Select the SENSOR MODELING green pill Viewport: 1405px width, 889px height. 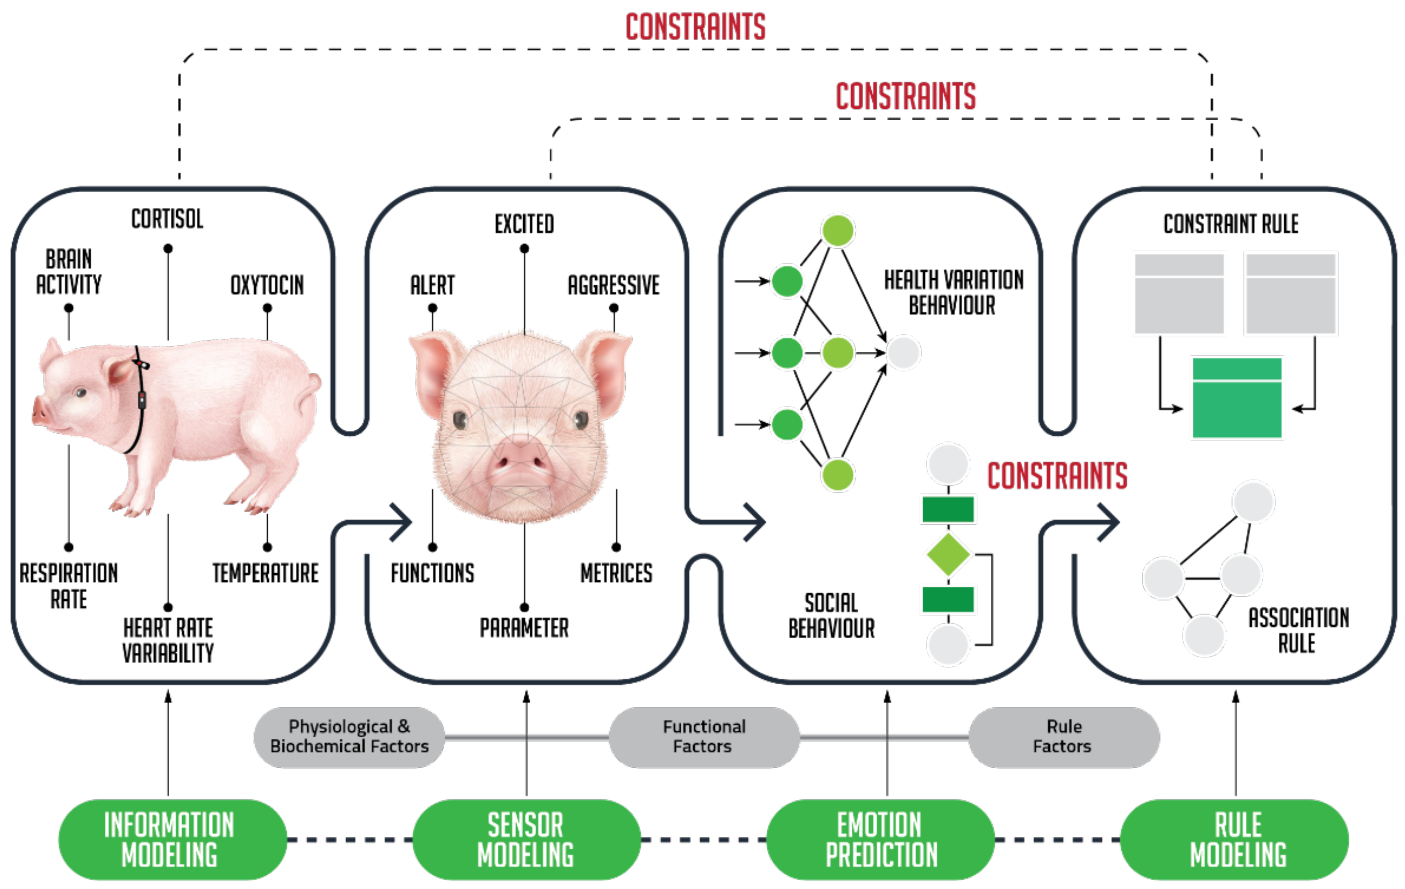pyautogui.click(x=526, y=839)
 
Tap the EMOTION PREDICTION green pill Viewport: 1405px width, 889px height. pyautogui.click(x=881, y=839)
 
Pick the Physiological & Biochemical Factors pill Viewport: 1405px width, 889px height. pyautogui.click(x=349, y=737)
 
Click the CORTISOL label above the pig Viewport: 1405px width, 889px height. pyautogui.click(x=168, y=219)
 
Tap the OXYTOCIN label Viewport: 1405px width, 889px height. pyautogui.click(x=267, y=285)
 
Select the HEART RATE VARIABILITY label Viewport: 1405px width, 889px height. pyautogui.click(x=168, y=640)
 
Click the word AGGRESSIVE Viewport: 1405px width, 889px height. pyautogui.click(x=614, y=285)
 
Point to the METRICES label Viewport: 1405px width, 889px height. pyautogui.click(x=616, y=573)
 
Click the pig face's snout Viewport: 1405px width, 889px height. pyautogui.click(x=519, y=461)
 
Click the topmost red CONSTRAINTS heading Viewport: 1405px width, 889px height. pyautogui.click(x=695, y=27)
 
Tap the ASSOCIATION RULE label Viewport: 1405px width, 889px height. pyautogui.click(x=1298, y=630)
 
